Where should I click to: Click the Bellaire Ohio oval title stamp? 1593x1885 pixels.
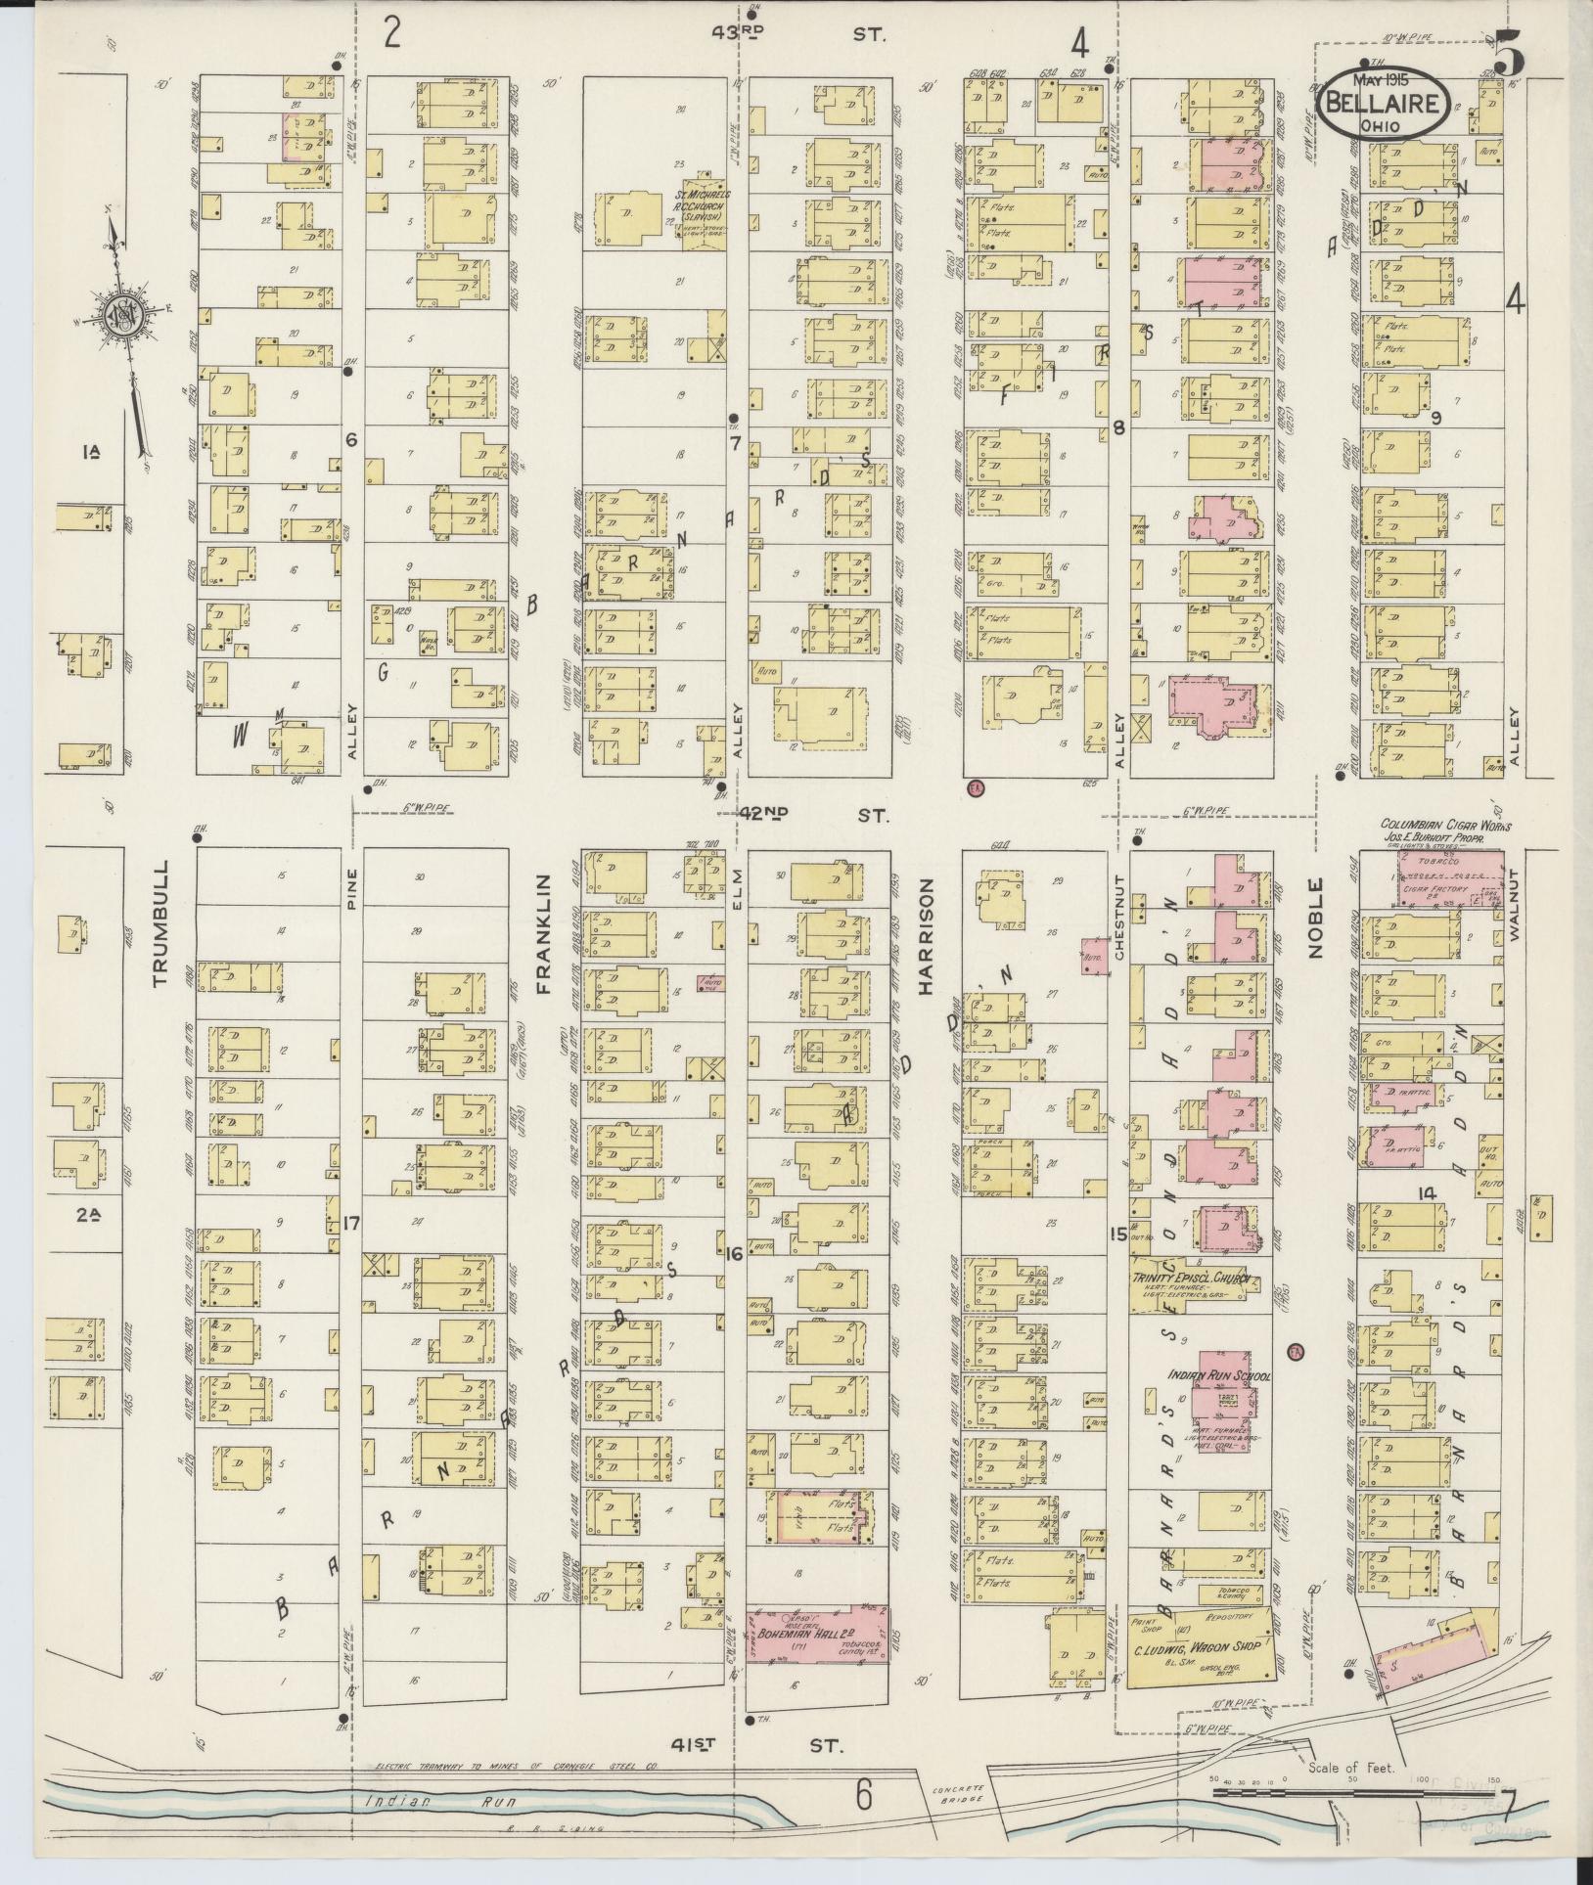(x=1384, y=102)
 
